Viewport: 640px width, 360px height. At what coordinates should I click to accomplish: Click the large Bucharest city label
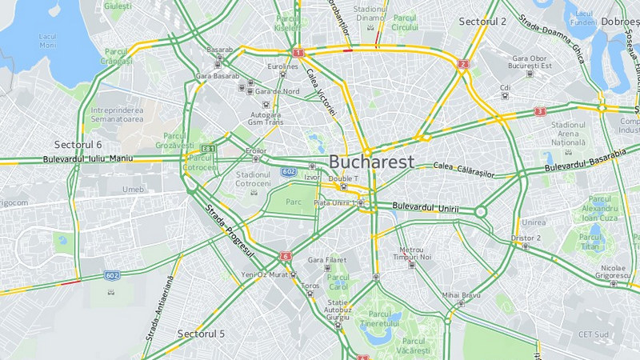pyautogui.click(x=371, y=162)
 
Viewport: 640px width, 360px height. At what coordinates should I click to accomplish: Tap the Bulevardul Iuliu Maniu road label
pyautogui.click(x=87, y=159)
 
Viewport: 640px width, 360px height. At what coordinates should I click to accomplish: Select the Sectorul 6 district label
pyautogui.click(x=78, y=145)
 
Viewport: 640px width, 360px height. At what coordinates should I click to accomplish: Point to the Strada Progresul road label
pyautogui.click(x=230, y=231)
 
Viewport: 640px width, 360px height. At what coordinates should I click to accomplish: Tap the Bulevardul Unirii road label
pyautogui.click(x=426, y=209)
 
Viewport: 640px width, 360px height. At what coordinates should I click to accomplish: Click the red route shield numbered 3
pyautogui.click(x=540, y=111)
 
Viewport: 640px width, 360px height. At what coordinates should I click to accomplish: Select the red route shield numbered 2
pyautogui.click(x=463, y=64)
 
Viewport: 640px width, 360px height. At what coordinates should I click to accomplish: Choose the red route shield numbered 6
pyautogui.click(x=286, y=256)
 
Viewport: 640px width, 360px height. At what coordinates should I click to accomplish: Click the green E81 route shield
pyautogui.click(x=208, y=149)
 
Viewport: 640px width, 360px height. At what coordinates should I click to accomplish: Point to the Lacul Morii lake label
pyautogui.click(x=48, y=41)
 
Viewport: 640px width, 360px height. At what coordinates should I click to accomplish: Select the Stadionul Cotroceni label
pyautogui.click(x=254, y=178)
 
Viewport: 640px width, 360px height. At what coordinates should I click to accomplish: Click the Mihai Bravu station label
pyautogui.click(x=460, y=295)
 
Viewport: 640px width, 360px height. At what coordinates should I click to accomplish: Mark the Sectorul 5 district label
pyautogui.click(x=201, y=333)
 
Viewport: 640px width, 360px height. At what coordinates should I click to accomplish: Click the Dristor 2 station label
pyautogui.click(x=526, y=238)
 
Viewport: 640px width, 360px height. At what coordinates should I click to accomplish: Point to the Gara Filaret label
pyautogui.click(x=328, y=260)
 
